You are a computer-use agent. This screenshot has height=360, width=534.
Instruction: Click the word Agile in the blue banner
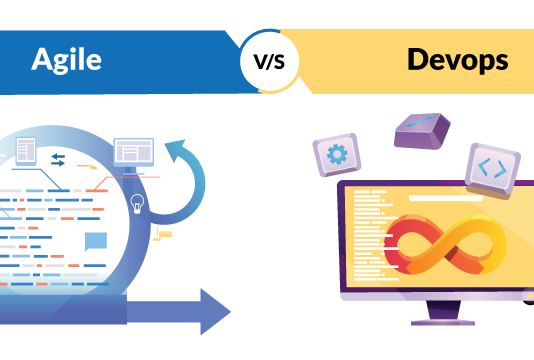pyautogui.click(x=66, y=59)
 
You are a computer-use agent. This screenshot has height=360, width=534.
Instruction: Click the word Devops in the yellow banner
pyautogui.click(x=456, y=59)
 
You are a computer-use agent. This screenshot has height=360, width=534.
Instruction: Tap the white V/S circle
pyautogui.click(x=269, y=61)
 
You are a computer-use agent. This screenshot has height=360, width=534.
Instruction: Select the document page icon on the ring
pyautogui.click(x=26, y=151)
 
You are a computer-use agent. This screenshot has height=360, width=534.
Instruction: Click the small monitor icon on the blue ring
pyautogui.click(x=133, y=153)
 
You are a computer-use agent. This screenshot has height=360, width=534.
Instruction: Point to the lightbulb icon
pyautogui.click(x=137, y=203)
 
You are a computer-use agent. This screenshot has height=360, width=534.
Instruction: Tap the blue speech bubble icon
pyautogui.click(x=96, y=240)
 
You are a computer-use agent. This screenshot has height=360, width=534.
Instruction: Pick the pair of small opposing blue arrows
pyautogui.click(x=58, y=160)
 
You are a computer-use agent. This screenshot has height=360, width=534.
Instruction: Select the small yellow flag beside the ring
pyautogui.click(x=164, y=234)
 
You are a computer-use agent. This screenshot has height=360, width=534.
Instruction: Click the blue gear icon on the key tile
pyautogui.click(x=337, y=155)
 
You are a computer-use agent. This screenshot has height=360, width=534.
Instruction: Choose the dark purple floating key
pyautogui.click(x=421, y=131)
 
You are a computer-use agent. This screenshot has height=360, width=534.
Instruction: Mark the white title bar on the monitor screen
pyautogui.click(x=446, y=198)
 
